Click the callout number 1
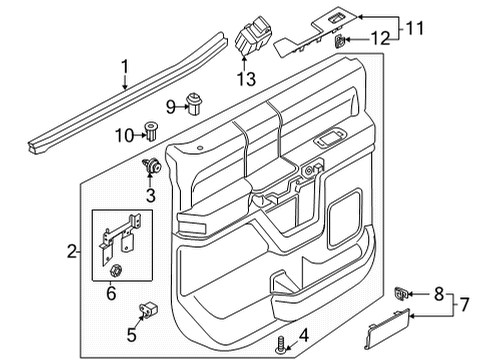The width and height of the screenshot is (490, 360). click(x=125, y=69)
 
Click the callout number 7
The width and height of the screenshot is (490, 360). click(x=476, y=302)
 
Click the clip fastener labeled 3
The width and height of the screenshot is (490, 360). click(x=155, y=166)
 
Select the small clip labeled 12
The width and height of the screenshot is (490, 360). click(x=341, y=41)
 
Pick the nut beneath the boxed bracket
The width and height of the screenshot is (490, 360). click(x=115, y=269)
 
